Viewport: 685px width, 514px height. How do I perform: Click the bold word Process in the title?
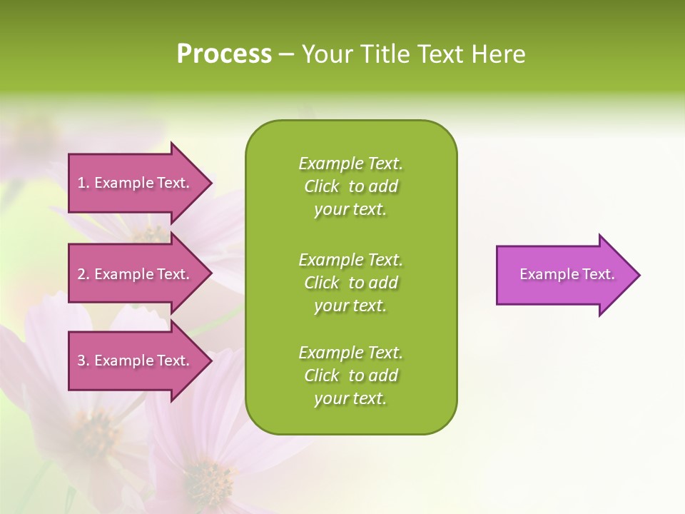[224, 54]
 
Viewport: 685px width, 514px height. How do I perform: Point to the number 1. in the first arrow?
[83, 183]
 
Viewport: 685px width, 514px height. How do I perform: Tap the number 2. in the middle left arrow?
[83, 274]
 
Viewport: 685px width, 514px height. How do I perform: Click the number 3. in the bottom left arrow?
[83, 361]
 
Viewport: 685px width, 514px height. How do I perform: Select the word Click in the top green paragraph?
[322, 186]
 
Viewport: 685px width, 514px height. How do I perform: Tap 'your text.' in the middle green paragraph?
[350, 306]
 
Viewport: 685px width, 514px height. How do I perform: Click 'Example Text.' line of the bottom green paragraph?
[350, 353]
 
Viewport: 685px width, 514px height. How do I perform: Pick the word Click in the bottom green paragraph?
[322, 376]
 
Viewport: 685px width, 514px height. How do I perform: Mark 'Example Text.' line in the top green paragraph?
[350, 163]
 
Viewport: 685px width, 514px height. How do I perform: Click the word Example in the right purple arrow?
[545, 274]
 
